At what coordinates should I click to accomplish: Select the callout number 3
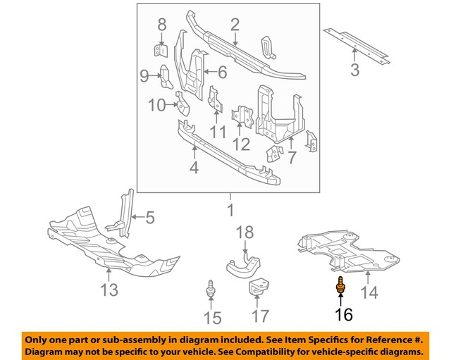354,70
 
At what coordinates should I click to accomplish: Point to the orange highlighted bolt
341,287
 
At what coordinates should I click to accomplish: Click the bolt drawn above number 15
210,290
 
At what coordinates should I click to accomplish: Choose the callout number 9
144,75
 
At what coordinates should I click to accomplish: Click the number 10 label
156,105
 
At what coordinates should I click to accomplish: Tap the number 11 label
218,131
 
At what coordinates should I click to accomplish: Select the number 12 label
242,144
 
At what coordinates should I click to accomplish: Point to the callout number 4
192,167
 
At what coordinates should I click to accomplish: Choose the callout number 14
370,292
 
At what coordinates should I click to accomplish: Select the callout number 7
291,157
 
